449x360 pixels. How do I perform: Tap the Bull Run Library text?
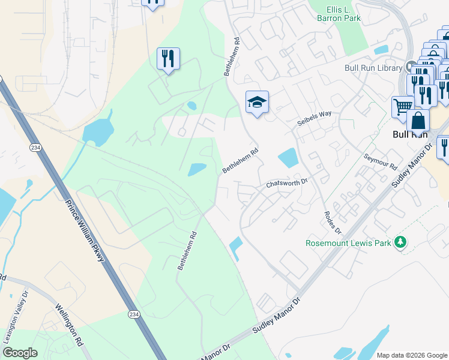click(x=373, y=67)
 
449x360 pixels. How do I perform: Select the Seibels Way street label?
click(x=314, y=118)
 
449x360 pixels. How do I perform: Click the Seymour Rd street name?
click(x=381, y=160)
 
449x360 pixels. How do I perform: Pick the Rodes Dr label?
click(x=332, y=223)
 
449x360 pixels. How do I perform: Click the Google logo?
click(x=20, y=353)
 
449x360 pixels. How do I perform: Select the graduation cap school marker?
click(x=257, y=102)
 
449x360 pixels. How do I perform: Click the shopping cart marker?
click(x=403, y=106)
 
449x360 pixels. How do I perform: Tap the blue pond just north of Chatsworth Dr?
click(x=288, y=158)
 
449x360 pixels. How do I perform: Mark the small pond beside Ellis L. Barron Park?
click(x=381, y=50)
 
